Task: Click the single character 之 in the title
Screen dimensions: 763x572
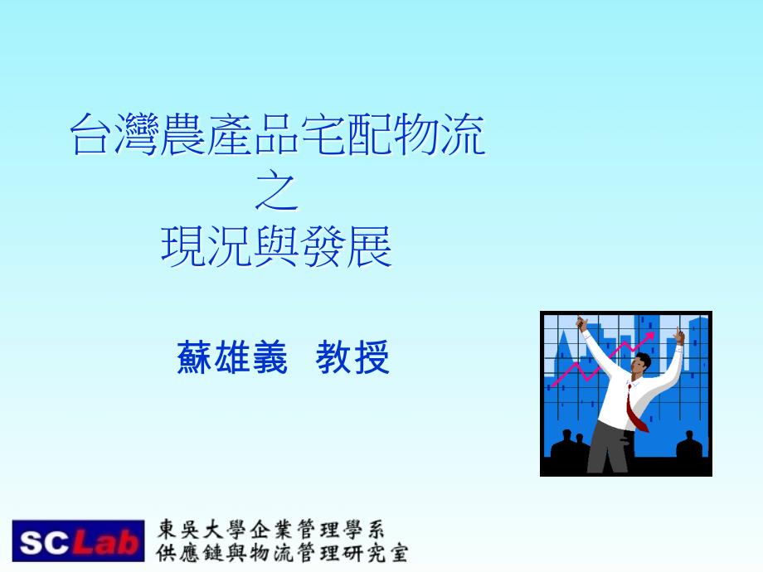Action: (277, 192)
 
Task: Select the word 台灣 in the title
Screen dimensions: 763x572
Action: (115, 135)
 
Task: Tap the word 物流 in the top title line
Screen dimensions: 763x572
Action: (440, 135)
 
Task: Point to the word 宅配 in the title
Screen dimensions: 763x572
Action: (347, 135)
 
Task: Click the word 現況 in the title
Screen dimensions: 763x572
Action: (207, 247)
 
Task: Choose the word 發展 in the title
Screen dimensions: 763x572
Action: (346, 247)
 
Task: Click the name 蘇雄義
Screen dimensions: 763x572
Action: (232, 357)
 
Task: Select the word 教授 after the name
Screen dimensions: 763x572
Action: (352, 357)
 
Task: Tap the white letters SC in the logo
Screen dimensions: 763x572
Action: (44, 542)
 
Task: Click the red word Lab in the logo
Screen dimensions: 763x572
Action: (105, 542)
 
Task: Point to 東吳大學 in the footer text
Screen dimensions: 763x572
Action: (201, 529)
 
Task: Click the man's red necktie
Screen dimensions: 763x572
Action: (635, 409)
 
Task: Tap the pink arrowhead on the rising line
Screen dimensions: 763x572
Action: (649, 337)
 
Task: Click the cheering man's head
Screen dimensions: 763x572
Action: (641, 364)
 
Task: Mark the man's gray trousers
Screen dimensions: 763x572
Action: (610, 448)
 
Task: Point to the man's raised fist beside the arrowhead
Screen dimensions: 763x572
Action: (678, 336)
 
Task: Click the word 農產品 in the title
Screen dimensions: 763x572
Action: (231, 135)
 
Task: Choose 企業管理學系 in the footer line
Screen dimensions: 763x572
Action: (318, 529)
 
